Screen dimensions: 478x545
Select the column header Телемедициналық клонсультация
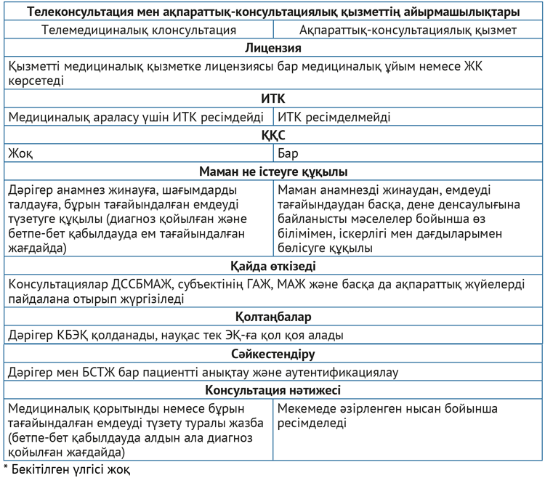pos(139,30)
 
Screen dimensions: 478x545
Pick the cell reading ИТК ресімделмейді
pos(334,116)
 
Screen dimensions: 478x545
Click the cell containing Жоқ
pos(21,154)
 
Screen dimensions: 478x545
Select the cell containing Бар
pos(288,154)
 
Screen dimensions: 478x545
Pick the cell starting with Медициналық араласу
pos(139,116)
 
